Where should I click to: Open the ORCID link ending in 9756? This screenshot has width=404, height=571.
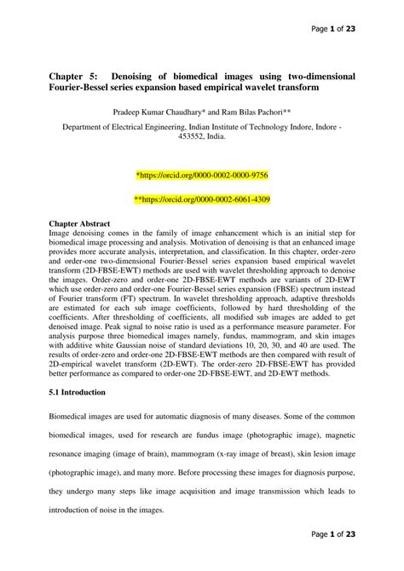(x=202, y=175)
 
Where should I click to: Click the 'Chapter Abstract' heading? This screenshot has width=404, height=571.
(x=79, y=223)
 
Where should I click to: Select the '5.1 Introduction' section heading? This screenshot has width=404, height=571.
(x=77, y=393)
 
